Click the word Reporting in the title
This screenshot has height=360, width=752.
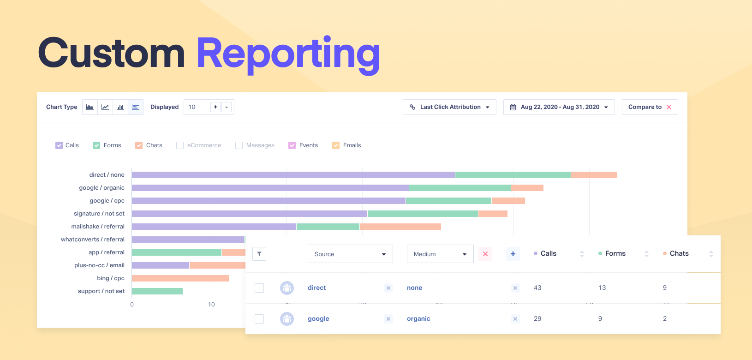(x=288, y=54)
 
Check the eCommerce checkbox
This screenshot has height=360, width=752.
(x=180, y=145)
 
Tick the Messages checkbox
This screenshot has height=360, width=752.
(x=239, y=145)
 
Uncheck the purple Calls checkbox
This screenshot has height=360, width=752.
(x=59, y=145)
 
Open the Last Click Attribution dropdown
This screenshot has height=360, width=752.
(x=449, y=107)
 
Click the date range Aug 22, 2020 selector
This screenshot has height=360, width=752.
(x=559, y=107)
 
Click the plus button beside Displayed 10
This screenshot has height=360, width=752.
(x=215, y=107)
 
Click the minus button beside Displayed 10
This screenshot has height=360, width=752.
(x=227, y=107)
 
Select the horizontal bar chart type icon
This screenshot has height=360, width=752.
(x=136, y=107)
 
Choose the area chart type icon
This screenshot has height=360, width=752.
(x=90, y=107)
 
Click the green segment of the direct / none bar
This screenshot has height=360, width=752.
(x=513, y=175)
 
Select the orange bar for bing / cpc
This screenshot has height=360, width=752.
(x=180, y=278)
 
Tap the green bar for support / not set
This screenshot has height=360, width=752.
(x=157, y=291)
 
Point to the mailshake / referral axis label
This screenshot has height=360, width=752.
(x=98, y=227)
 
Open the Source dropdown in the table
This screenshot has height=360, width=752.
(x=350, y=254)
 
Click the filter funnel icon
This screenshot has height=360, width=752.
(x=259, y=254)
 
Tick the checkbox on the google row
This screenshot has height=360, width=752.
(x=259, y=319)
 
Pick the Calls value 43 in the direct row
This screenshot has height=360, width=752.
(x=537, y=288)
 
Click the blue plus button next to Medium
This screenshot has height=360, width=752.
(x=513, y=254)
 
